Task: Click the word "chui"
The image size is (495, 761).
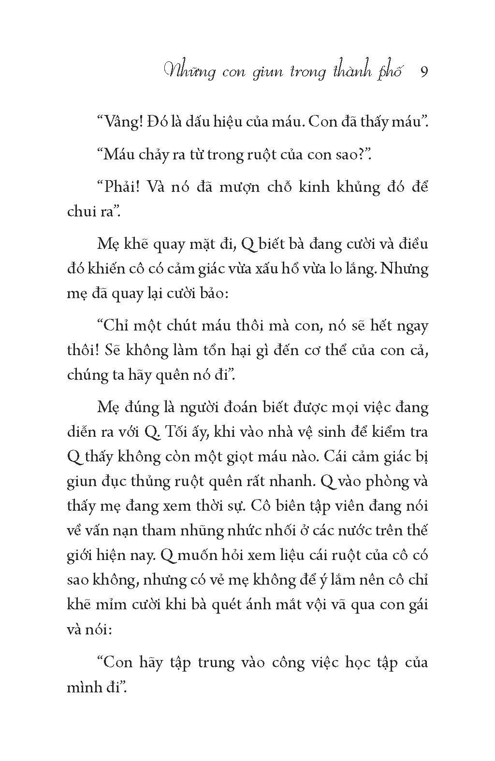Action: tap(81, 212)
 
